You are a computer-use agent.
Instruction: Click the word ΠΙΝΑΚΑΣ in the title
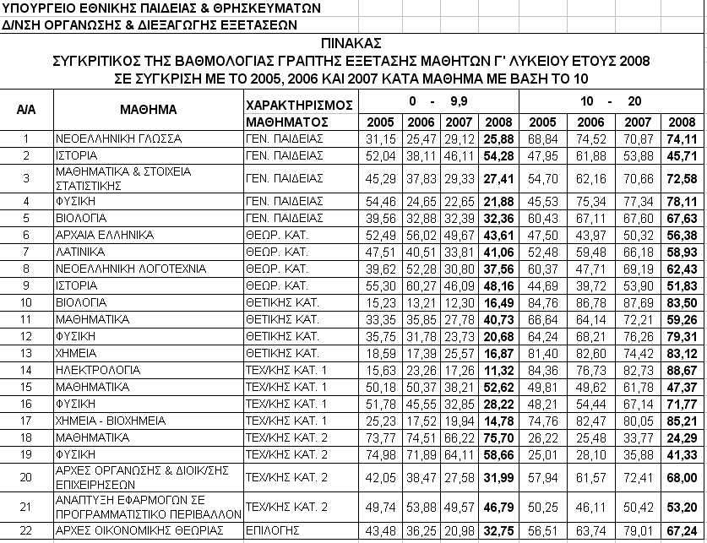pos(352,44)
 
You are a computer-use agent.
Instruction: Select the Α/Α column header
pos(26,110)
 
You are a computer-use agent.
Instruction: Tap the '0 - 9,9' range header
pos(438,99)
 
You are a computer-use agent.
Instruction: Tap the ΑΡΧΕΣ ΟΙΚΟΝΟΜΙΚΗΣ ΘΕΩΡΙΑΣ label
pos(133,530)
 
